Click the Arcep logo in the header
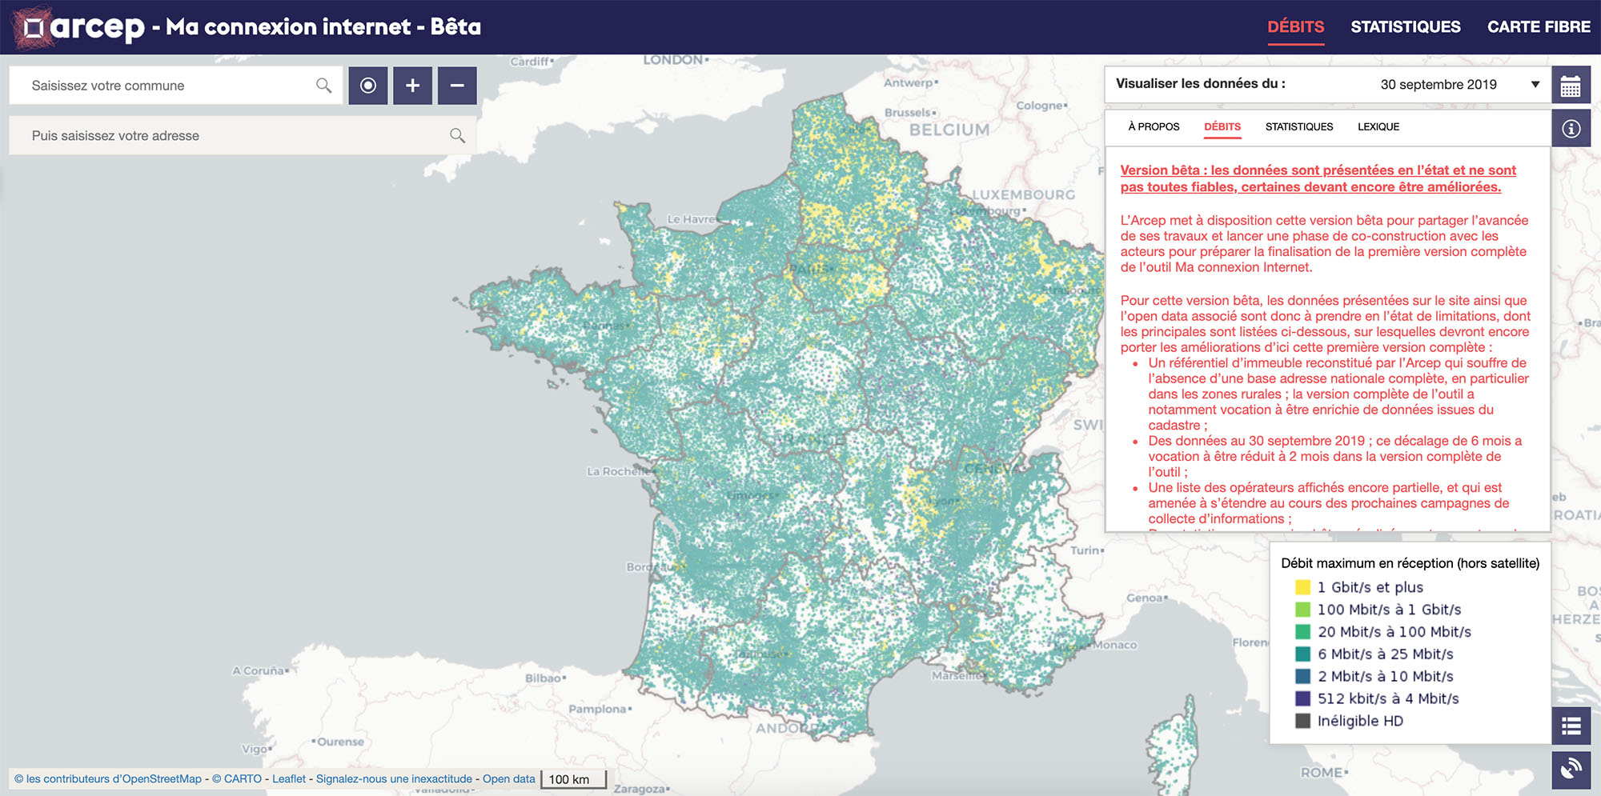80,27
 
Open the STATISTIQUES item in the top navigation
1405,27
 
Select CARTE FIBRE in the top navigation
1539,27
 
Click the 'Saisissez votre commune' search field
168,86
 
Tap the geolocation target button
368,86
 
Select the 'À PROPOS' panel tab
1154,126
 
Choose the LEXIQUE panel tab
1378,126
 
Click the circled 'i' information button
1571,129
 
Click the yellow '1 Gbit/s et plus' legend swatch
1302,587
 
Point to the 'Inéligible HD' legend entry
1360,721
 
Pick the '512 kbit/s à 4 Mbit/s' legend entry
1387,698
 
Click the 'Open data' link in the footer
508,779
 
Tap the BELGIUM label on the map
949,130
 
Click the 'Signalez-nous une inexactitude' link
394,779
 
